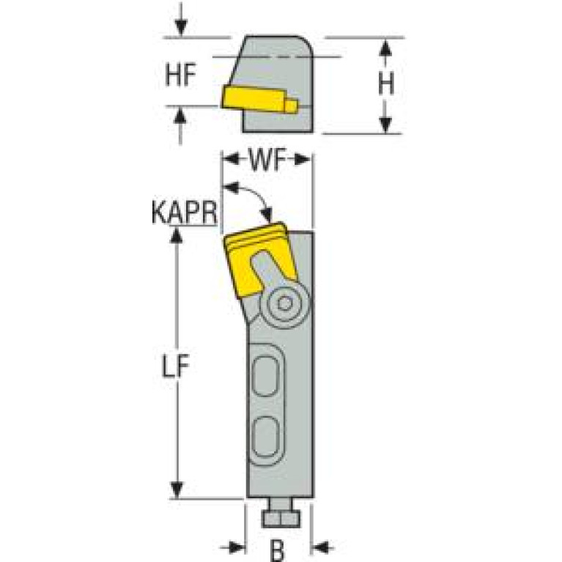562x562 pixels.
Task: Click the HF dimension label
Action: pos(182,75)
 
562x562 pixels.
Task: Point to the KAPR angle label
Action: pos(183,213)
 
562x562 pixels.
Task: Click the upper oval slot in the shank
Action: pos(265,380)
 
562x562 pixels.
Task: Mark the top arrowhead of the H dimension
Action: pos(385,45)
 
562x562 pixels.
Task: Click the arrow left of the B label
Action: pos(236,546)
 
